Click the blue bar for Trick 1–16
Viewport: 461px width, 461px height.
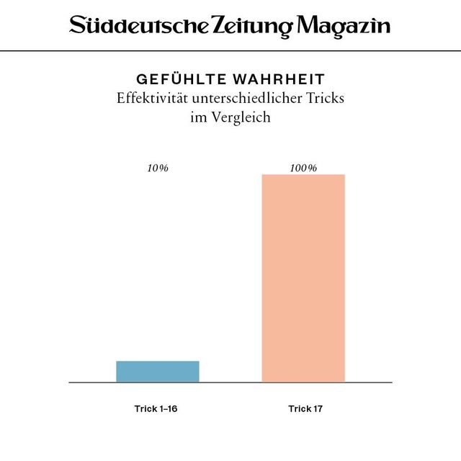click(x=158, y=371)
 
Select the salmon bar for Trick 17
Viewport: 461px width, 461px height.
click(x=303, y=278)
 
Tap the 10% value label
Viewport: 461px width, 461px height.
click(x=158, y=168)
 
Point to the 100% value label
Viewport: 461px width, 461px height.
click(x=303, y=168)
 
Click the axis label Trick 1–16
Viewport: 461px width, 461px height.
click(x=156, y=409)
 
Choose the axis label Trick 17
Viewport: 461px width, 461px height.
click(x=305, y=409)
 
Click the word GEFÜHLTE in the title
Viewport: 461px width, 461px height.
click(x=174, y=79)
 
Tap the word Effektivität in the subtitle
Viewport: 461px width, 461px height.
click(x=148, y=98)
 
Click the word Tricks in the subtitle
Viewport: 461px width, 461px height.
click(x=324, y=98)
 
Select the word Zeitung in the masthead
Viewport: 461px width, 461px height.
click(x=252, y=27)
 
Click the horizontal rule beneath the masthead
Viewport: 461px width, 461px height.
click(x=230, y=51)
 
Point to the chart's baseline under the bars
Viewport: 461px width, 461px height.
click(x=230, y=382)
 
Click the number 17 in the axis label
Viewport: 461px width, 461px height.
click(x=317, y=409)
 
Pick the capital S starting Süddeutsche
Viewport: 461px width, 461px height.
click(x=76, y=26)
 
